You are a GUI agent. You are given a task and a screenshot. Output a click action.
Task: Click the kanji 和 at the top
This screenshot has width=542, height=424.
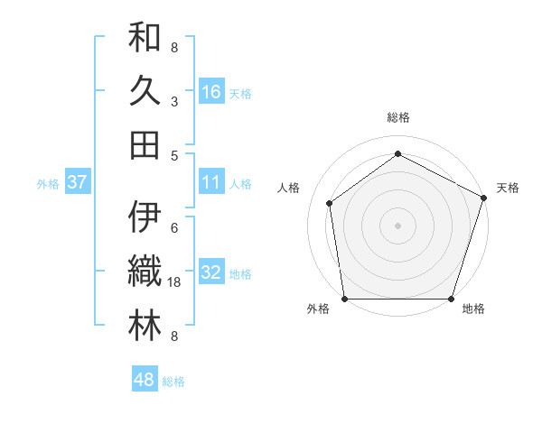coord(145,38)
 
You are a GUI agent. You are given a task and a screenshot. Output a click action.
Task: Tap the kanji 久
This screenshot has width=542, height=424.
coord(145,91)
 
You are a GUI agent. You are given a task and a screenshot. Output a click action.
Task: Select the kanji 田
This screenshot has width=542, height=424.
coord(145,143)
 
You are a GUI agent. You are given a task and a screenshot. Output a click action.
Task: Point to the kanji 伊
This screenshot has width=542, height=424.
coord(145,217)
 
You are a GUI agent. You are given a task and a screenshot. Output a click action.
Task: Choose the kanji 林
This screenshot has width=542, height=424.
coord(145,326)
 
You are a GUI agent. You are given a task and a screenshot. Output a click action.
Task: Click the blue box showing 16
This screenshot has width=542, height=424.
coord(211,91)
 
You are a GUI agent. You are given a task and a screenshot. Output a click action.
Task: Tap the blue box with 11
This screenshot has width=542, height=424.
coord(211,182)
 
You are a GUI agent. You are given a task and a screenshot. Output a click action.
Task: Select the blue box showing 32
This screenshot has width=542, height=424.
coord(211,272)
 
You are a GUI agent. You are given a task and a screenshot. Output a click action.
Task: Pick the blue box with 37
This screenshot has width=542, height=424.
coord(77,182)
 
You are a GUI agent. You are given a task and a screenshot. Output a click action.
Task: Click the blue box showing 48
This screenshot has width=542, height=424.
coord(145,380)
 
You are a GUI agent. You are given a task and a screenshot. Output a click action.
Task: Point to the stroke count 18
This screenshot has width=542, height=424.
coord(176,282)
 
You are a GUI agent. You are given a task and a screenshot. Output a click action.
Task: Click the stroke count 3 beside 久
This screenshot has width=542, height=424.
coord(174,101)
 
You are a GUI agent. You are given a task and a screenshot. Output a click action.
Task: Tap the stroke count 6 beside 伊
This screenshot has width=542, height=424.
coord(174,227)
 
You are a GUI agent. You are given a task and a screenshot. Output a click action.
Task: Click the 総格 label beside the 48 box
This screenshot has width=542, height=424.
coord(173,382)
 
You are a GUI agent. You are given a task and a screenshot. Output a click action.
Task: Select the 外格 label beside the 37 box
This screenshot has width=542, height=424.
coord(48,184)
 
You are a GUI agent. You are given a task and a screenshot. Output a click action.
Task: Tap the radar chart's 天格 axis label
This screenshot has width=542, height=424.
coord(508,188)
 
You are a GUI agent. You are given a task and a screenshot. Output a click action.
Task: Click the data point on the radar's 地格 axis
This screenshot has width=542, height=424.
coord(451,299)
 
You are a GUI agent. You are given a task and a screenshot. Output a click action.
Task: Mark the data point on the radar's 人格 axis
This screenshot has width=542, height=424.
coord(330,203)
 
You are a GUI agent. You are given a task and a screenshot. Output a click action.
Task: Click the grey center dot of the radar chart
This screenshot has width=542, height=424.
coord(397,225)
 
